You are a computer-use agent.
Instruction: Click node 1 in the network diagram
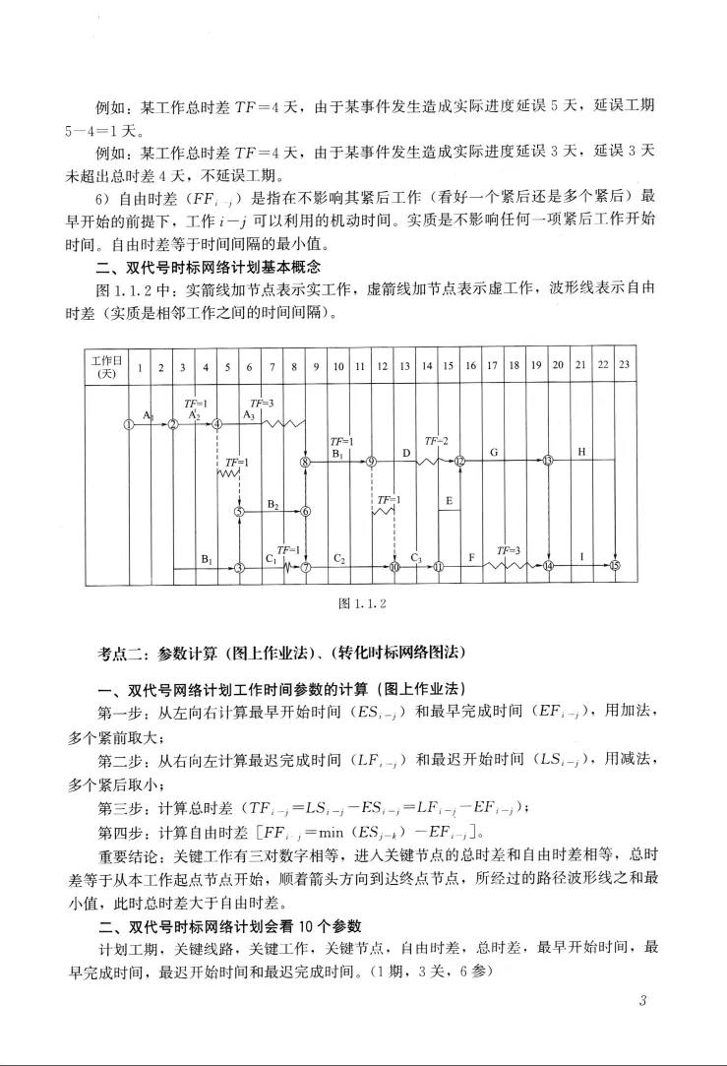(x=128, y=424)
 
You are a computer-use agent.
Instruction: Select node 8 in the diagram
(x=306, y=462)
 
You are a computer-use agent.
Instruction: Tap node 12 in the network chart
(x=459, y=462)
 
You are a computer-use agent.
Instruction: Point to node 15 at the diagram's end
(x=616, y=566)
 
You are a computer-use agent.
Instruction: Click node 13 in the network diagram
(x=548, y=462)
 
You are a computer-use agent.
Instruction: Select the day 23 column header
(x=624, y=365)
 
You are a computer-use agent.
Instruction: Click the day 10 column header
(x=337, y=365)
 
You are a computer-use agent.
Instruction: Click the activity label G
(x=494, y=452)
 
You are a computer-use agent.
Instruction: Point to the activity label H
(x=582, y=452)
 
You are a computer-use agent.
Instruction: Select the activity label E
(x=449, y=502)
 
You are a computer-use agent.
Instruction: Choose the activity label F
(x=471, y=557)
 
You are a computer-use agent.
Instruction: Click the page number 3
(x=641, y=1002)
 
